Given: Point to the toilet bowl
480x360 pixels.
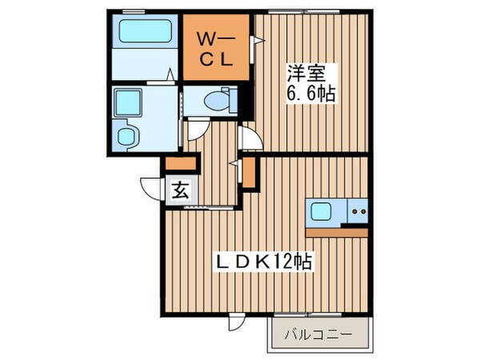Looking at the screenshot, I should tap(218, 101).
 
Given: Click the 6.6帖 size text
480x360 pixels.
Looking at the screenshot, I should tap(310, 93).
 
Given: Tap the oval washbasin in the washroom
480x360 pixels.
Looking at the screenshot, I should tap(126, 134).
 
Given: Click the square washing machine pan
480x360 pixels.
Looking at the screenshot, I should tap(126, 102).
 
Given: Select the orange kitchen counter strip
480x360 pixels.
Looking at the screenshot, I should tap(336, 232).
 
